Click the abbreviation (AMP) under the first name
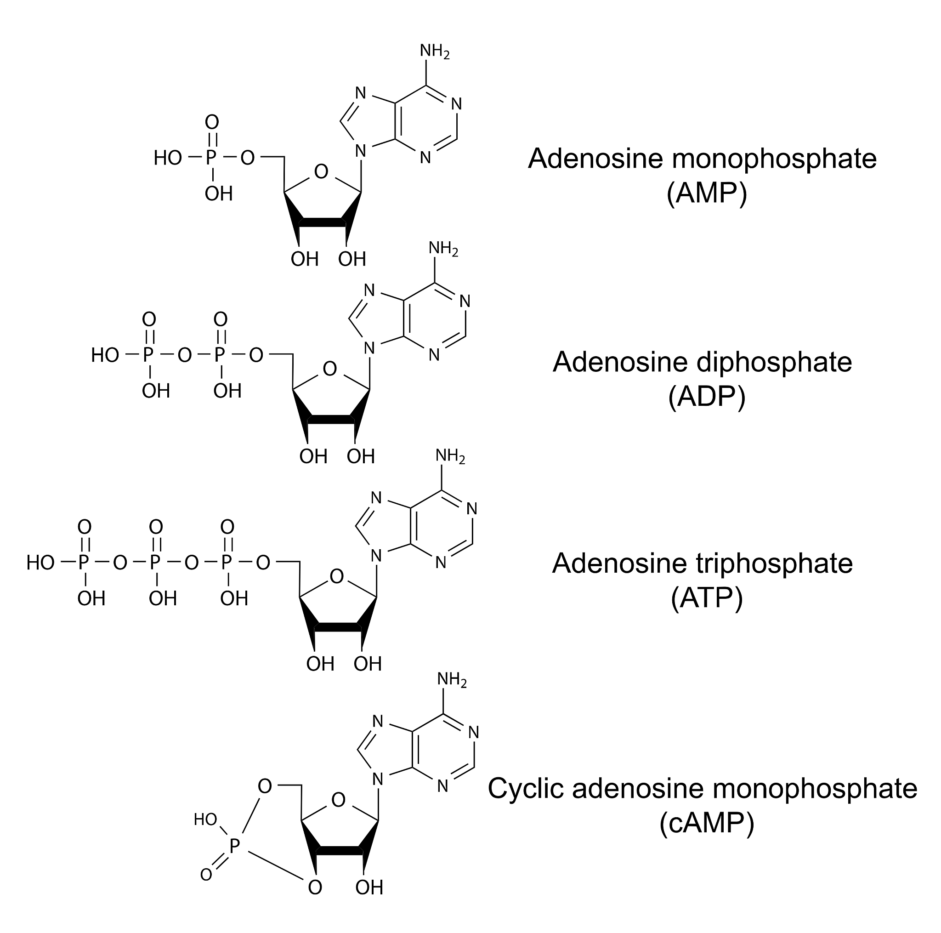pos(707,193)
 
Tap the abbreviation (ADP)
pos(707,397)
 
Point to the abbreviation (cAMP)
pos(707,823)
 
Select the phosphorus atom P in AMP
pos(211,158)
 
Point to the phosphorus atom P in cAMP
pos(235,846)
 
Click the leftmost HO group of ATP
pos(40,563)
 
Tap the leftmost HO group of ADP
pos(105,355)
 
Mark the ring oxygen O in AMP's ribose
pos(321,172)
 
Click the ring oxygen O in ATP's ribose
pos(336,576)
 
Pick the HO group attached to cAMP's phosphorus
pos(205,819)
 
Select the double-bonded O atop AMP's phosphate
pos(212,122)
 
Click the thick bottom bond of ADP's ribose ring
pos(331,420)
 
